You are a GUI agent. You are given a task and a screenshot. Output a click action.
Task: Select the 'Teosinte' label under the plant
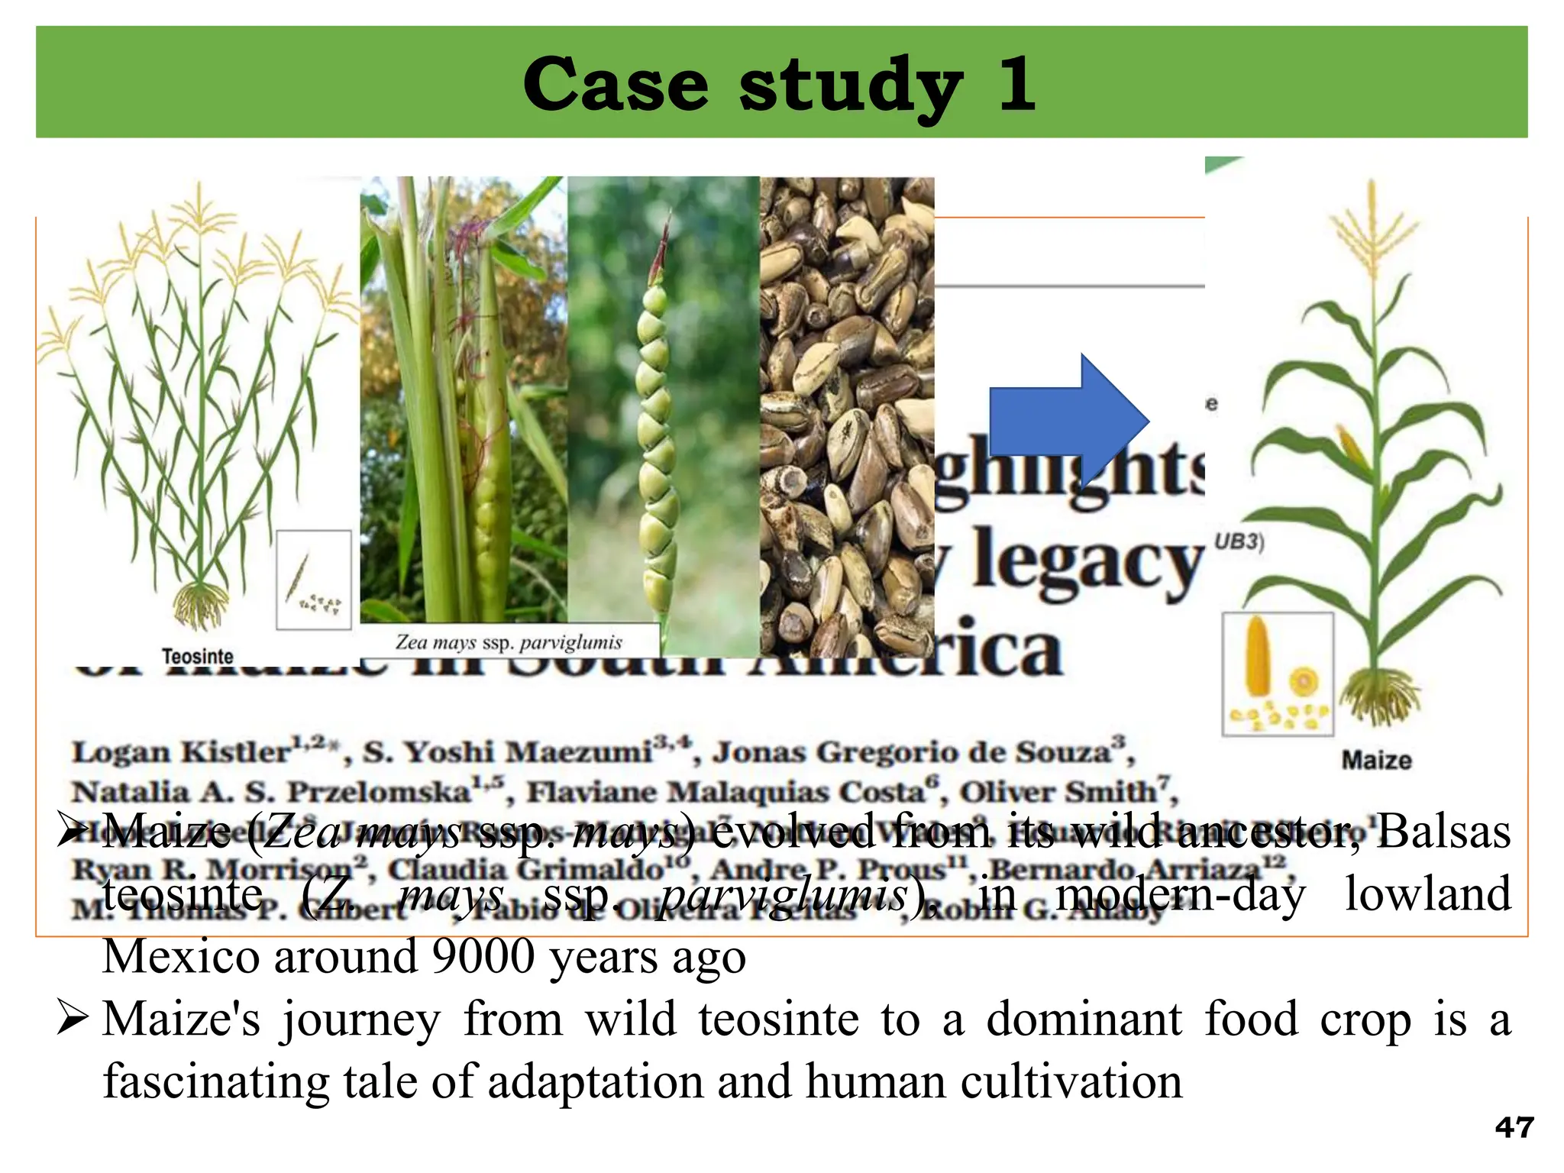point(198,656)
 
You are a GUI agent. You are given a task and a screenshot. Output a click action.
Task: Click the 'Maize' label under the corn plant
point(1376,760)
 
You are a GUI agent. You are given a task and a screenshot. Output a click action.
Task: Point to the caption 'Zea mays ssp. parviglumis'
point(509,642)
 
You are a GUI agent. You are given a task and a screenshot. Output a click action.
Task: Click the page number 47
point(1514,1127)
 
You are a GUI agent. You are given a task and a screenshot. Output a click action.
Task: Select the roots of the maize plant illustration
point(1381,695)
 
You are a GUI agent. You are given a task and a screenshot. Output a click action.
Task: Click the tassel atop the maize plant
point(1372,229)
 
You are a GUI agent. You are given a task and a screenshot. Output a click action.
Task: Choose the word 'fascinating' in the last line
point(216,1081)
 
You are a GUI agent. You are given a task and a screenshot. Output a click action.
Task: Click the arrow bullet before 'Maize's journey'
point(73,1020)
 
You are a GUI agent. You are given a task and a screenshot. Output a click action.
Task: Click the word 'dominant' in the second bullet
point(1084,1019)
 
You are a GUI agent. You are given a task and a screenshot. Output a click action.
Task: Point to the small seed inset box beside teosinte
point(313,580)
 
